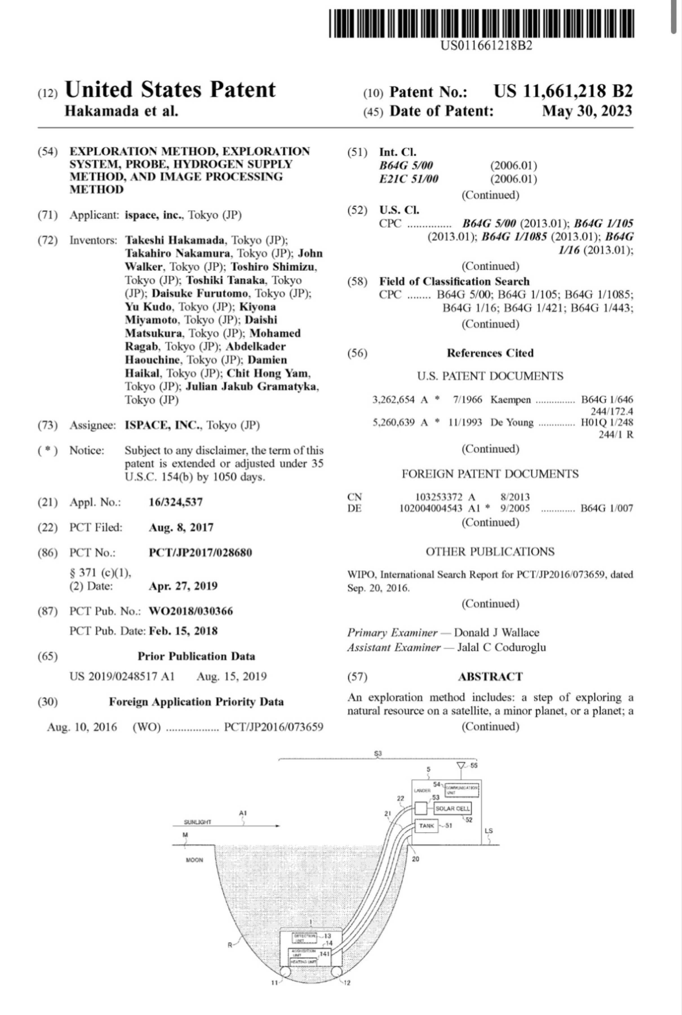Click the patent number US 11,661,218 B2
pos(563,91)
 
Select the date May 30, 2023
pos(587,111)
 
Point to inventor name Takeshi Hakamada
pos(175,240)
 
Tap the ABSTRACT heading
pos(490,676)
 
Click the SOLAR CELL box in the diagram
pos(452,808)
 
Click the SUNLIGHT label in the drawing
pos(197,822)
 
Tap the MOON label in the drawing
pos(194,860)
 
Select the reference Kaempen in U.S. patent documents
pos(510,400)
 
